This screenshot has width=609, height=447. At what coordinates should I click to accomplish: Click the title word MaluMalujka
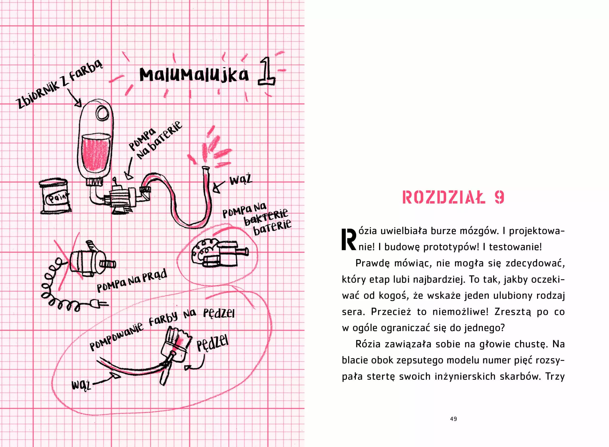194,75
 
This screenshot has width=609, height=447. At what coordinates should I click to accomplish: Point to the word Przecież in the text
391,312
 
